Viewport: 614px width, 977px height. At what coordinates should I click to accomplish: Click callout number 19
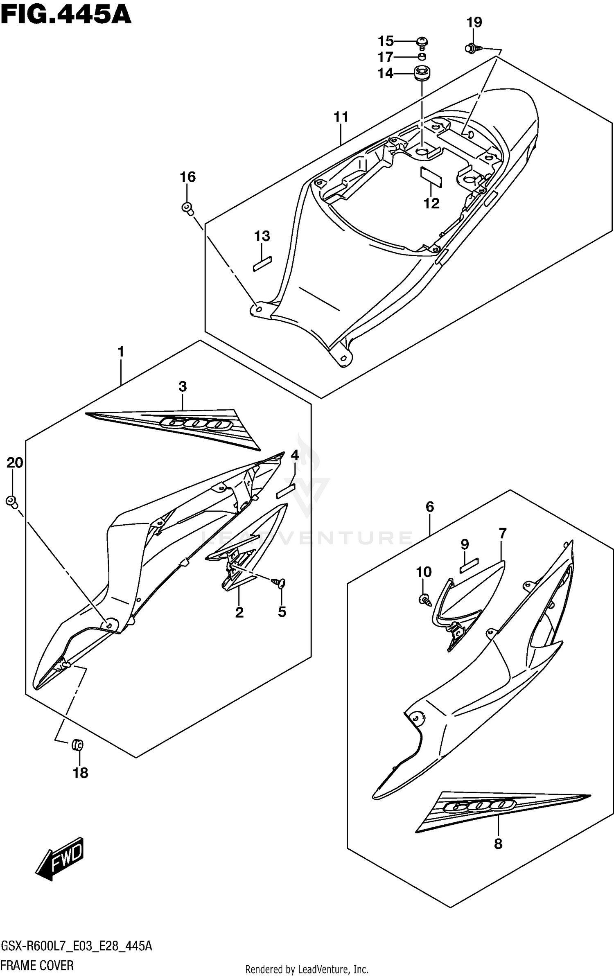tap(474, 23)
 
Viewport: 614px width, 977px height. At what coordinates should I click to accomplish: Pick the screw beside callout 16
tap(187, 207)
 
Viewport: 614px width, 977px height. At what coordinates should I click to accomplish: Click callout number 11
tap(341, 117)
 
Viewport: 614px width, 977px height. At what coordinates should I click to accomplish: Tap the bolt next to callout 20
tap(12, 501)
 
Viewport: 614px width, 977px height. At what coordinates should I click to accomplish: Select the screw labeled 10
tap(424, 600)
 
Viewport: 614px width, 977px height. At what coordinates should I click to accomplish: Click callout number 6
tap(429, 507)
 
